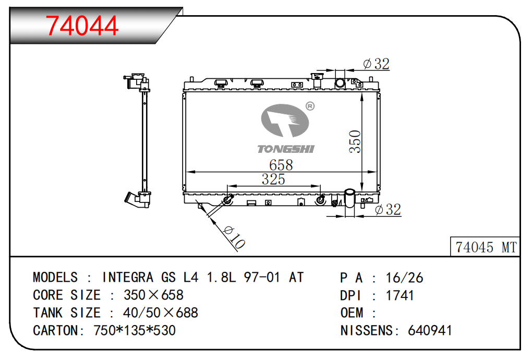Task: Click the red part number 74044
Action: point(82,26)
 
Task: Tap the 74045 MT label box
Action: point(486,247)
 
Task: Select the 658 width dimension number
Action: point(281,165)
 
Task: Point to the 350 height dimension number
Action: point(355,141)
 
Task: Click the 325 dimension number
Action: point(273,179)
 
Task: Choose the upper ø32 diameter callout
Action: point(377,64)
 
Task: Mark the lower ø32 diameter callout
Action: point(388,210)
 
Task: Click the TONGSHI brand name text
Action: point(286,149)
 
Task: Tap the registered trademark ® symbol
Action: point(309,106)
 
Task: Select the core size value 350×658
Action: point(153,295)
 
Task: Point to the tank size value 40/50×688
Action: point(161,313)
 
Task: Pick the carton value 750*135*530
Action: point(134,330)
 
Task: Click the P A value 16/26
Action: point(404,278)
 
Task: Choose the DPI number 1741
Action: point(400,295)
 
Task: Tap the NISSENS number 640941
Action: point(430,330)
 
